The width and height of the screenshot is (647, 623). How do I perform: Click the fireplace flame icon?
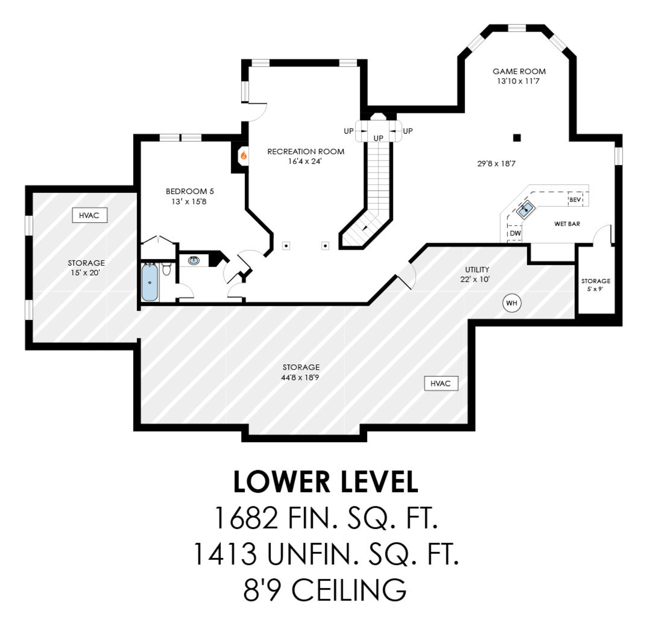[244, 155]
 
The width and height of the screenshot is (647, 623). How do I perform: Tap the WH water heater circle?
[512, 303]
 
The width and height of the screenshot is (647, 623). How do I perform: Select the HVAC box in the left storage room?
[89, 215]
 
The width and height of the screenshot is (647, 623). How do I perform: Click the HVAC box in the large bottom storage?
[441, 383]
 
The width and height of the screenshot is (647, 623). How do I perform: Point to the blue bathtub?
[150, 282]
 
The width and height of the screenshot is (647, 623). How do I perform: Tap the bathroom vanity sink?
[194, 260]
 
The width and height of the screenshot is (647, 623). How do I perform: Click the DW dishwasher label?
[515, 233]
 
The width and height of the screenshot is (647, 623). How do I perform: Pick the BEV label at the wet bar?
[575, 200]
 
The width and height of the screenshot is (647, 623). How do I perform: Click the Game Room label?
[519, 72]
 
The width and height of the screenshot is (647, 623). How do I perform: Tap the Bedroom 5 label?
[190, 191]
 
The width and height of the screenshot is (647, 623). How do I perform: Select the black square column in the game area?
[517, 138]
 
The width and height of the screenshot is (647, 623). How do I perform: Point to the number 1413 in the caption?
[225, 554]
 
